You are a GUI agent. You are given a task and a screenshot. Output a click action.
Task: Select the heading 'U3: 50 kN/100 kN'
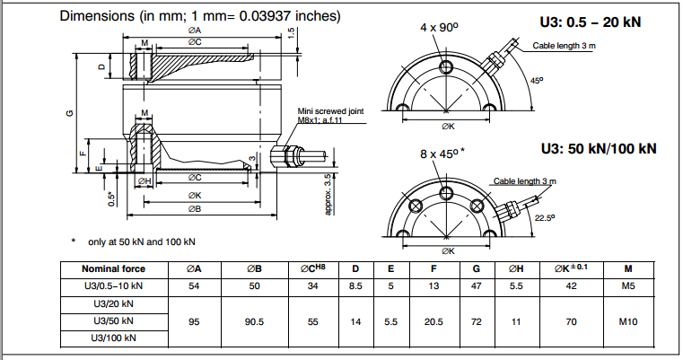(598, 148)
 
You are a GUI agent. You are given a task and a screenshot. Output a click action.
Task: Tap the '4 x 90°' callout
(439, 28)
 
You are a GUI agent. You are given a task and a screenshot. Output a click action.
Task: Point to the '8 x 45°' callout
(441, 154)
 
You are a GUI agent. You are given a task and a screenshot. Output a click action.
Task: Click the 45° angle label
(537, 81)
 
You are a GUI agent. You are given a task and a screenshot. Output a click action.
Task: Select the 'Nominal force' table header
(113, 268)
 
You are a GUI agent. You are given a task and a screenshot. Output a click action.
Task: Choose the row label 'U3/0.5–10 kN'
(113, 285)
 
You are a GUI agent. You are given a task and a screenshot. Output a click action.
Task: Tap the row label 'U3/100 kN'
(113, 338)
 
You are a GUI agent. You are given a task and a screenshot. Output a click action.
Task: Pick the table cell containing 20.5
(434, 320)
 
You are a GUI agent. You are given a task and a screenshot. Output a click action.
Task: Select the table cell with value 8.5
(356, 285)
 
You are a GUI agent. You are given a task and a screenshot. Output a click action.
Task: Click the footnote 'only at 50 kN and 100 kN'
(141, 241)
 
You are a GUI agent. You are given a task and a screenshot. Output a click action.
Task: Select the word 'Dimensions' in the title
(96, 16)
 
